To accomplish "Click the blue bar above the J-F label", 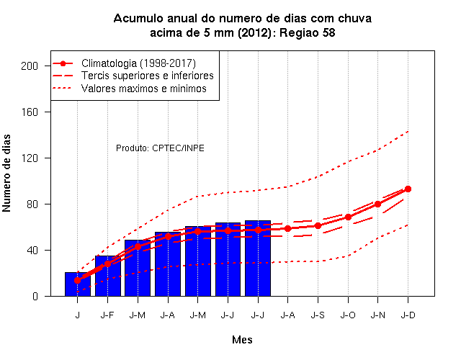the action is [x=108, y=276].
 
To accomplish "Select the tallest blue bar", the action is [x=258, y=258].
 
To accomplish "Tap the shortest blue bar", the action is [x=78, y=284].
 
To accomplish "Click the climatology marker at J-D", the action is [x=408, y=189].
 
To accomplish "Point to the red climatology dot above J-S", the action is [x=318, y=225].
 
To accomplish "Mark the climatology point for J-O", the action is [x=348, y=217].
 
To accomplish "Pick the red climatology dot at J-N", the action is [x=377, y=204].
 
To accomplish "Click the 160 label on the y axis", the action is [x=30, y=112].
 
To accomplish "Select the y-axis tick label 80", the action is [x=32, y=204].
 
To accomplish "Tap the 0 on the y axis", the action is [x=35, y=296].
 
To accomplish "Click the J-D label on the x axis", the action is [x=408, y=315].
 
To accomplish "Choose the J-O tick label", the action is [x=348, y=315].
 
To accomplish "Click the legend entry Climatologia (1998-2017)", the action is [x=138, y=63].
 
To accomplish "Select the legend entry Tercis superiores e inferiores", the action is [x=147, y=76].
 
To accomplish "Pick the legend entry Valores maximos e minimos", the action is [x=144, y=88].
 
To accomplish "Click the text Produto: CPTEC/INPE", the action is [x=160, y=148].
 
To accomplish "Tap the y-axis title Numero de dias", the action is [x=6, y=173].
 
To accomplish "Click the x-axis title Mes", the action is [x=242, y=340].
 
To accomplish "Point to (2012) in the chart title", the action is [x=254, y=32].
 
